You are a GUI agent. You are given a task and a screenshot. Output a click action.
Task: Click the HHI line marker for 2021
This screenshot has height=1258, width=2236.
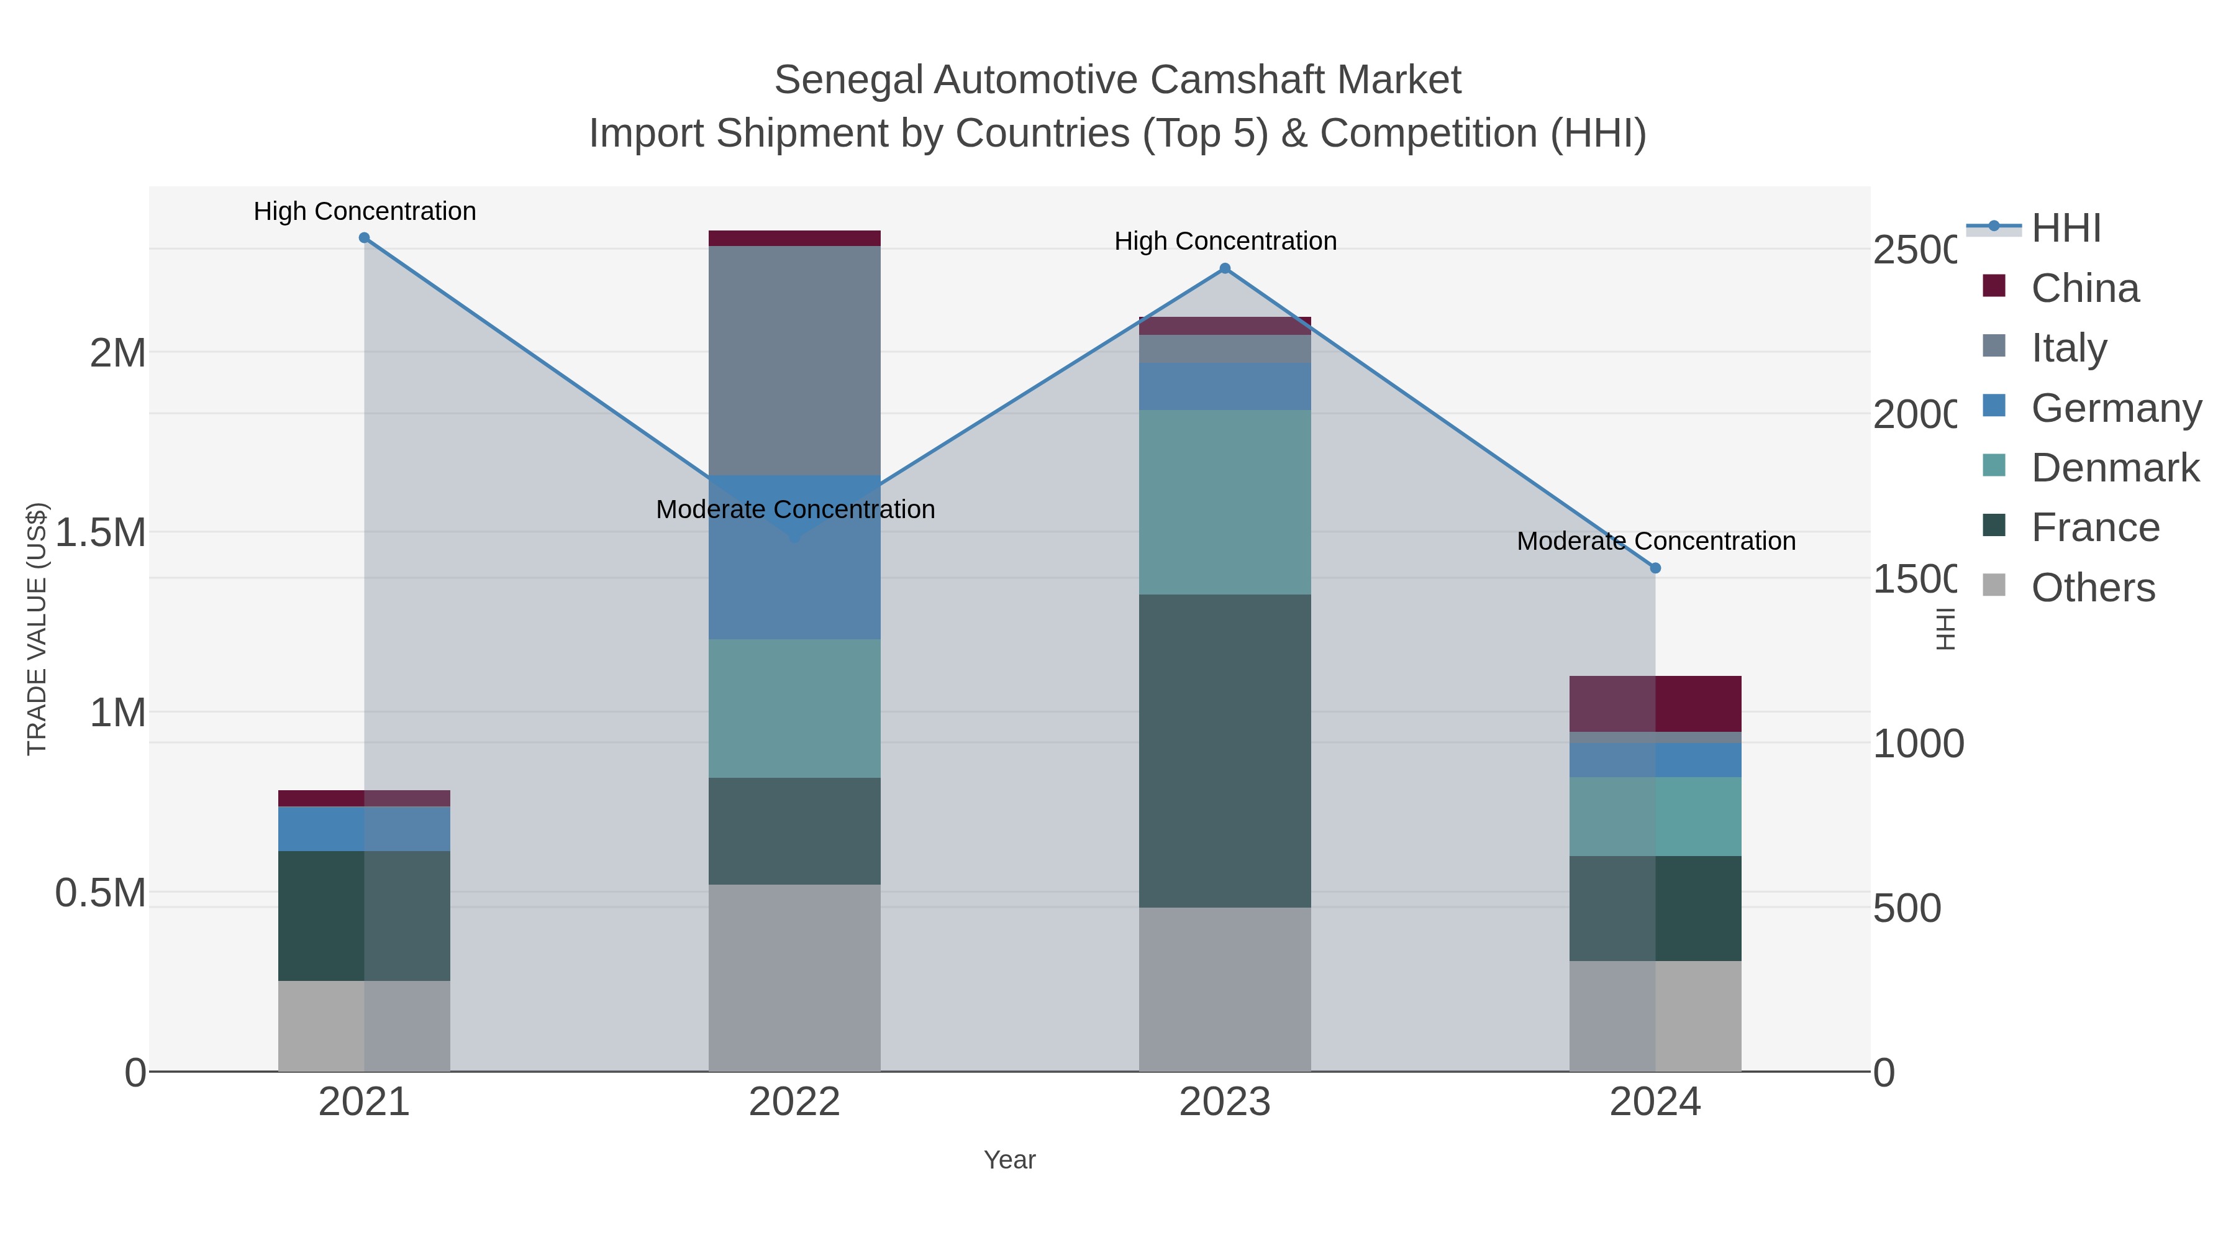click(365, 238)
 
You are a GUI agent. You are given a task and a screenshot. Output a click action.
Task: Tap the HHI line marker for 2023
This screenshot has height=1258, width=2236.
click(1225, 268)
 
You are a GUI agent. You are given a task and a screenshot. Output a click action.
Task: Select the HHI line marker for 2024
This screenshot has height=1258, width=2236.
click(1655, 568)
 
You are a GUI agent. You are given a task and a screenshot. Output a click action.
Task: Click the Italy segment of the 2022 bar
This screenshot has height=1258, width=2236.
click(794, 360)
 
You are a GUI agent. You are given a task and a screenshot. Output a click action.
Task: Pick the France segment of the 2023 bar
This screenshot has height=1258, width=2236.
click(1225, 751)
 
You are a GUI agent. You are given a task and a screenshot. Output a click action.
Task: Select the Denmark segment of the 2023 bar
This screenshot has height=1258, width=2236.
click(1225, 502)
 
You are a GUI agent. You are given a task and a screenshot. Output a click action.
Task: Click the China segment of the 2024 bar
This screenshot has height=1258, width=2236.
click(1655, 703)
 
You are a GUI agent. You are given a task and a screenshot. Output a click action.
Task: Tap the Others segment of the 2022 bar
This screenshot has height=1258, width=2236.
click(794, 978)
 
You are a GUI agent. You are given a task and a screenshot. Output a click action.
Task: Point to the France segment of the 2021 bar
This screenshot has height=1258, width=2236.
click(365, 915)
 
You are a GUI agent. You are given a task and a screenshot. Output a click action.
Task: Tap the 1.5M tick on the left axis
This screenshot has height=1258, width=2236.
click(101, 532)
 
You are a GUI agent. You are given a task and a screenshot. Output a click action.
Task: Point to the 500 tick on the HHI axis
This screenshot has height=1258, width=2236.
click(1906, 908)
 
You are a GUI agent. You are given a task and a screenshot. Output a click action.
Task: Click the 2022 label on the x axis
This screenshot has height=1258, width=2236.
click(794, 1101)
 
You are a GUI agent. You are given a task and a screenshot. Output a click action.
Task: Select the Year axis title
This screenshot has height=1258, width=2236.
click(1009, 1160)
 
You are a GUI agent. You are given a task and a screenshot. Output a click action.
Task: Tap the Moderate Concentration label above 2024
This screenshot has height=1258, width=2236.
click(1655, 541)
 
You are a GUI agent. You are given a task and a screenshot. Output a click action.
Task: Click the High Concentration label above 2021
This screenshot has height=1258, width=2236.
click(365, 211)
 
